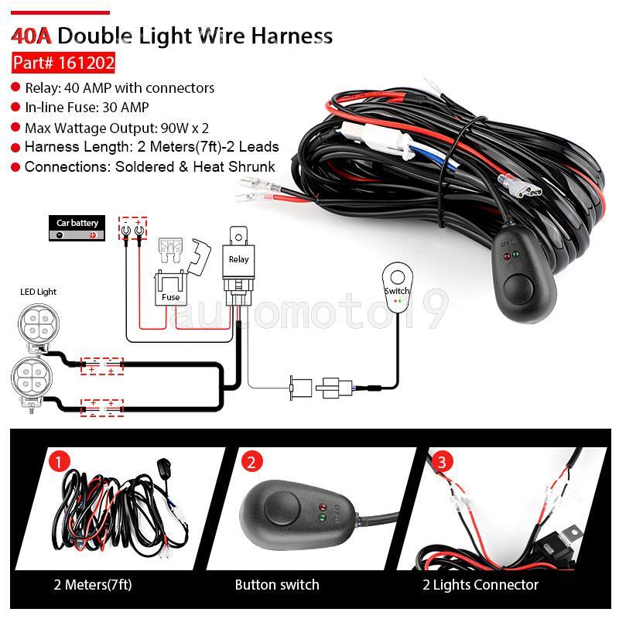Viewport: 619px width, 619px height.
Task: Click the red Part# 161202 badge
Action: [x=63, y=63]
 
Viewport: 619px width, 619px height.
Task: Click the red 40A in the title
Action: [x=31, y=36]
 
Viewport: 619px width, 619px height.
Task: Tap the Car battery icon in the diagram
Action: [x=77, y=228]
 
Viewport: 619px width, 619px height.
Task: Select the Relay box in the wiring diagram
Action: [x=238, y=265]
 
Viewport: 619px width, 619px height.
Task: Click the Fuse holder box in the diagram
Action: [x=170, y=288]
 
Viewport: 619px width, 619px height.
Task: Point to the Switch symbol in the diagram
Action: [x=398, y=287]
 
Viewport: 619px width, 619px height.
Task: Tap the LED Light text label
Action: [x=38, y=292]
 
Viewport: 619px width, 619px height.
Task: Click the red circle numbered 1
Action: [x=60, y=461]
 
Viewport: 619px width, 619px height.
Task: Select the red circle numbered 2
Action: [x=251, y=461]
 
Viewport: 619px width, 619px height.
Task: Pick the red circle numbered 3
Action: [x=442, y=461]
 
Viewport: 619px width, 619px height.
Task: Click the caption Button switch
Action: [x=277, y=585]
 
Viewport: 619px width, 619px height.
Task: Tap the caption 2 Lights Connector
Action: [x=480, y=585]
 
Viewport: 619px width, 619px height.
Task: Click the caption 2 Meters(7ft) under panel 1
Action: [x=93, y=584]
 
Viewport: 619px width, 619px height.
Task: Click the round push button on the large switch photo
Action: [x=518, y=288]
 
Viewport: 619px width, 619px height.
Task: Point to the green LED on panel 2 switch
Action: [x=322, y=517]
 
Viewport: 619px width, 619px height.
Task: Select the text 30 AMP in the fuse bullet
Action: [x=125, y=108]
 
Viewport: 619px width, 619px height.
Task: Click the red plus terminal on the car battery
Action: [x=93, y=235]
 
